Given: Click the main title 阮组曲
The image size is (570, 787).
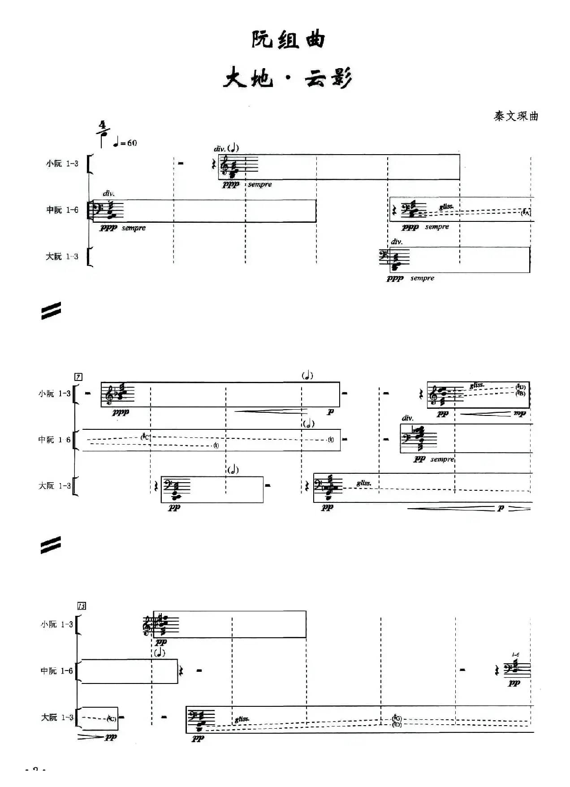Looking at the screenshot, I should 288,40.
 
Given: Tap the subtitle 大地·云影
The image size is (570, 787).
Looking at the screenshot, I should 288,79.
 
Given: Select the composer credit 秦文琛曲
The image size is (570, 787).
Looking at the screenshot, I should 516,117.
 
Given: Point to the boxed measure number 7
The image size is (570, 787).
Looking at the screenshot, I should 78,377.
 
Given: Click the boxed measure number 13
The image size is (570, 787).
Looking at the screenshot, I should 82,606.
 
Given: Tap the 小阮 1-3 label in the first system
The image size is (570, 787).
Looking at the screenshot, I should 62,164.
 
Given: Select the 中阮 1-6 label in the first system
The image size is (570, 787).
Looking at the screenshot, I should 62,210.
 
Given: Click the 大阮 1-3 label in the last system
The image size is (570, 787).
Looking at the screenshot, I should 57,717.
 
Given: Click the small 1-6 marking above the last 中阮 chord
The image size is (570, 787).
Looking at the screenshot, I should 515,655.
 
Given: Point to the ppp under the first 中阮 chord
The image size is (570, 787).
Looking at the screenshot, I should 108,228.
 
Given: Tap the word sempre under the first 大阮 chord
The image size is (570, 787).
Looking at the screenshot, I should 422,278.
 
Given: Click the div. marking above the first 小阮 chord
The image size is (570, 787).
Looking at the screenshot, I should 219,149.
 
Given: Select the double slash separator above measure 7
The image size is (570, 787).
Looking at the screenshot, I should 51,311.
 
